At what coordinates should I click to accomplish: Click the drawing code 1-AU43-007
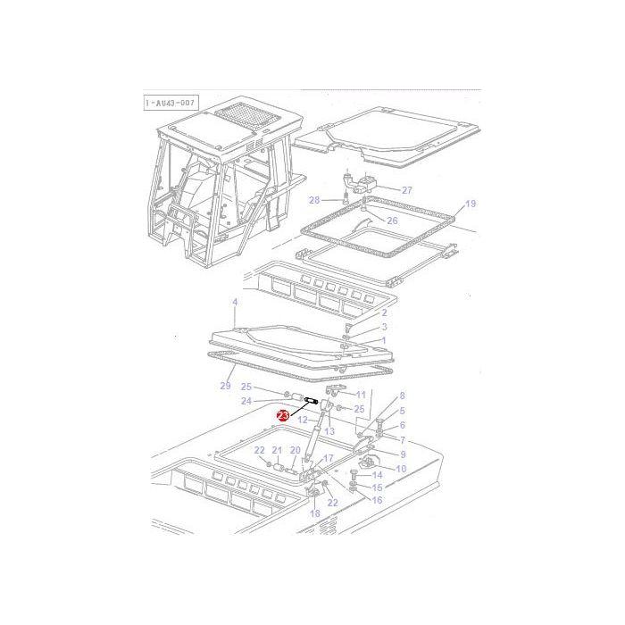[171, 104]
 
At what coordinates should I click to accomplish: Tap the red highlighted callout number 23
[283, 415]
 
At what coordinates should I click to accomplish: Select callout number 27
[406, 190]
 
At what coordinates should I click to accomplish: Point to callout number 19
[471, 204]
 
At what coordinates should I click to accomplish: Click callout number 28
[313, 200]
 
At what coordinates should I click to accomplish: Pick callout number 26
[391, 219]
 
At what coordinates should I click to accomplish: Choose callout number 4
[235, 303]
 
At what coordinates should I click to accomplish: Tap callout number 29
[225, 386]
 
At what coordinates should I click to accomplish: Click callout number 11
[361, 395]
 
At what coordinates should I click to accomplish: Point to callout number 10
[400, 469]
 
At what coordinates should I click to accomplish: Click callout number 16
[377, 500]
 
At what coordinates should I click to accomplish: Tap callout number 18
[314, 515]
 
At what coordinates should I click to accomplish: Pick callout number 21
[277, 450]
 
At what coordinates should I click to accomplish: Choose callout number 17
[328, 459]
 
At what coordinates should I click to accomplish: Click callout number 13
[329, 431]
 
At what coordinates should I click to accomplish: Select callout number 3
[385, 328]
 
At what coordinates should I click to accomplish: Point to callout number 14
[377, 475]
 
